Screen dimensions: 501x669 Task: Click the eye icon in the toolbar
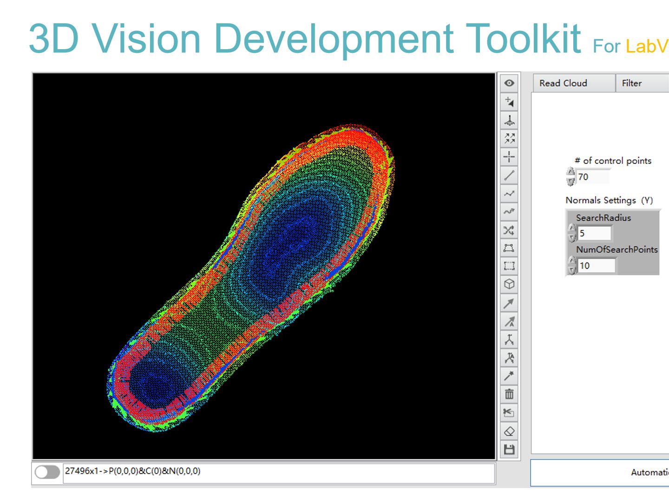point(509,83)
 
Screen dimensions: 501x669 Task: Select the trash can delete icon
point(509,394)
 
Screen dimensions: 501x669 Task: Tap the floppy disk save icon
point(509,450)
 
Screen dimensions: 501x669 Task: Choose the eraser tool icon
point(509,431)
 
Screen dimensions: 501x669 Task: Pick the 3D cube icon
point(509,284)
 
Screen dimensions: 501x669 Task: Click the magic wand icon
point(509,376)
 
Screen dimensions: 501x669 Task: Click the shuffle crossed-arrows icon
point(509,230)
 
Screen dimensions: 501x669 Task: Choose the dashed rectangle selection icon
point(509,266)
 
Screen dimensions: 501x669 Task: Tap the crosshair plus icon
point(509,157)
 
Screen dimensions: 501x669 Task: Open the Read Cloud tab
point(563,83)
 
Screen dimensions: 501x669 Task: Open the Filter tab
point(631,83)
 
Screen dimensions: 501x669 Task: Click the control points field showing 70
point(592,177)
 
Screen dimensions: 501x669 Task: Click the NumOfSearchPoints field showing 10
point(596,266)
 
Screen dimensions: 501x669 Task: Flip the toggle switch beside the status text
point(47,472)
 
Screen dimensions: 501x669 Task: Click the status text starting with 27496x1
point(132,471)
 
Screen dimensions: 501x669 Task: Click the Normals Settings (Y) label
point(609,200)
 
